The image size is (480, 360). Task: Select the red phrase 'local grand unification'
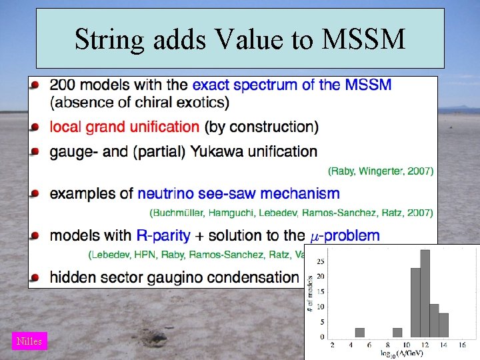[x=125, y=127]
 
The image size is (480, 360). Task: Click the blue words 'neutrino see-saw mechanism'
[x=238, y=194]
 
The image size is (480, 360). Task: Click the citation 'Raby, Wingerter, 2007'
[x=381, y=171]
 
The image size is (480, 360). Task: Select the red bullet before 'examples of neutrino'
[x=35, y=193]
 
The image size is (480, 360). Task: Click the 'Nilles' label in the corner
[x=29, y=341]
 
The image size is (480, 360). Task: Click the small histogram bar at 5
[x=360, y=332]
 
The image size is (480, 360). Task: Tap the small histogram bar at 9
[x=397, y=332]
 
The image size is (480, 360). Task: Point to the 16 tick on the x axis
[x=462, y=344]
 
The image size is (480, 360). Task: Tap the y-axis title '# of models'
[x=311, y=293]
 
